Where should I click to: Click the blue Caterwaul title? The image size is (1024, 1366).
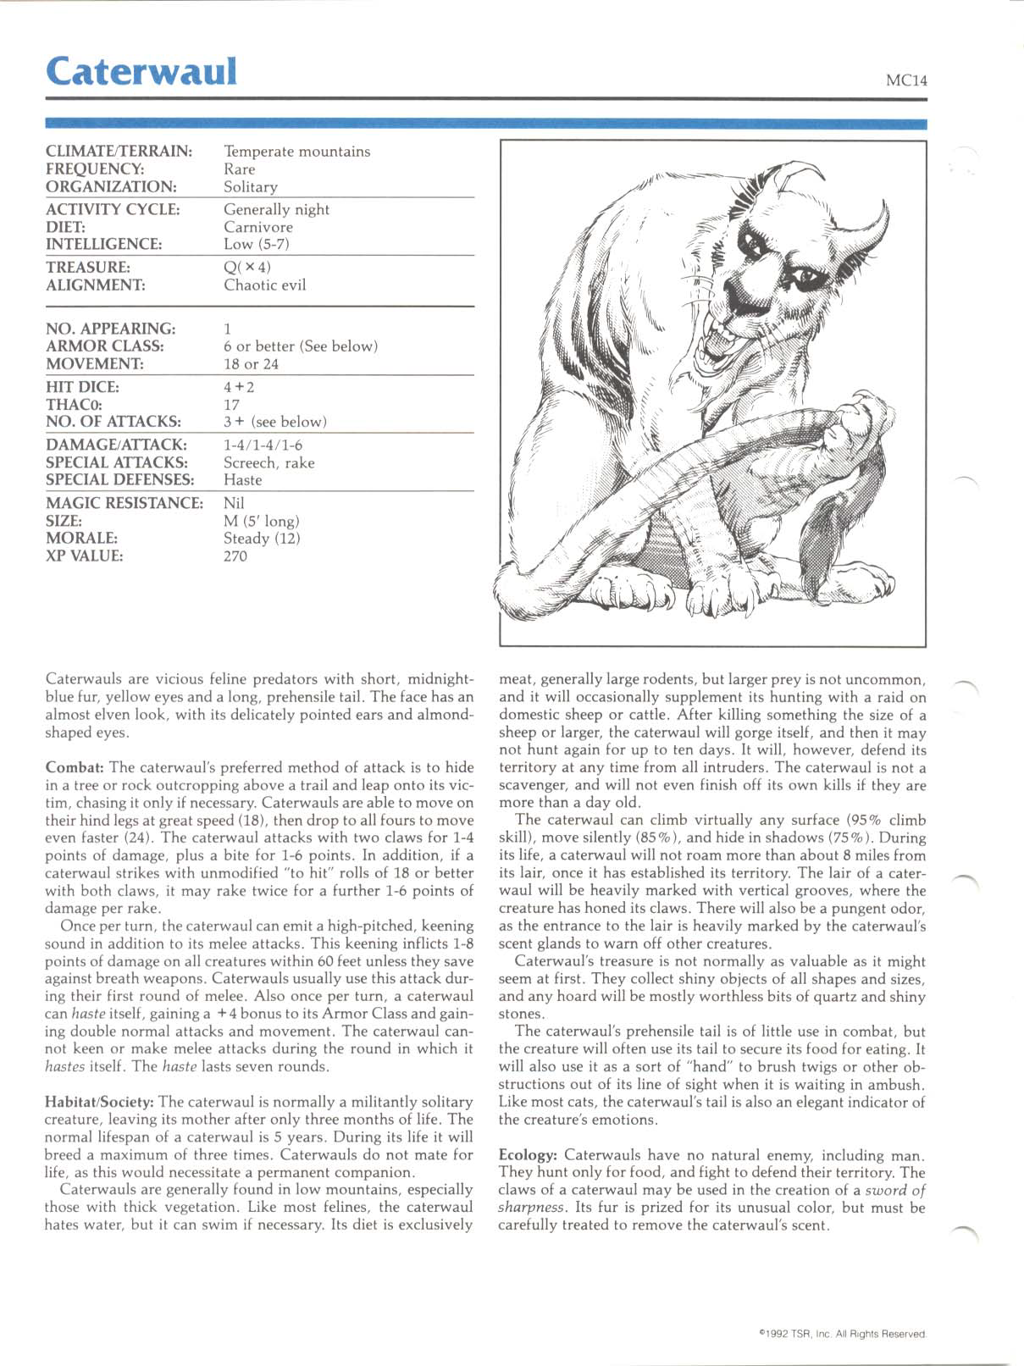coord(141,71)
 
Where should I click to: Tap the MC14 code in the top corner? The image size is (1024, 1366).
coord(906,80)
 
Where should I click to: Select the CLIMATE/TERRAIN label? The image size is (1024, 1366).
coord(119,152)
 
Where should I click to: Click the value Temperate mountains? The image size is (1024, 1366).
coord(296,152)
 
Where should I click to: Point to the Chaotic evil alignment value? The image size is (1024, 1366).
coord(264,285)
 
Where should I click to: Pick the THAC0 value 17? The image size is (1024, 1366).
coord(231,405)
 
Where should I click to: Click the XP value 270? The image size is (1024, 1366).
coord(235,556)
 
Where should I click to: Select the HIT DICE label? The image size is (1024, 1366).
coord(82,387)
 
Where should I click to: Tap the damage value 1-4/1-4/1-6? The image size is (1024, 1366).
coord(263,445)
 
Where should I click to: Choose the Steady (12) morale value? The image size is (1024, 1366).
coord(262,539)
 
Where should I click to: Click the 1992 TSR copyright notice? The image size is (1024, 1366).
coord(842,1334)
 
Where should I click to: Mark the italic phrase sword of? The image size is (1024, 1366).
coord(895,1191)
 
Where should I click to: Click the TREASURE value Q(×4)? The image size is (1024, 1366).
coord(247,268)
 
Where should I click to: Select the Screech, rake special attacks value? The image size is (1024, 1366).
coord(268,462)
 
